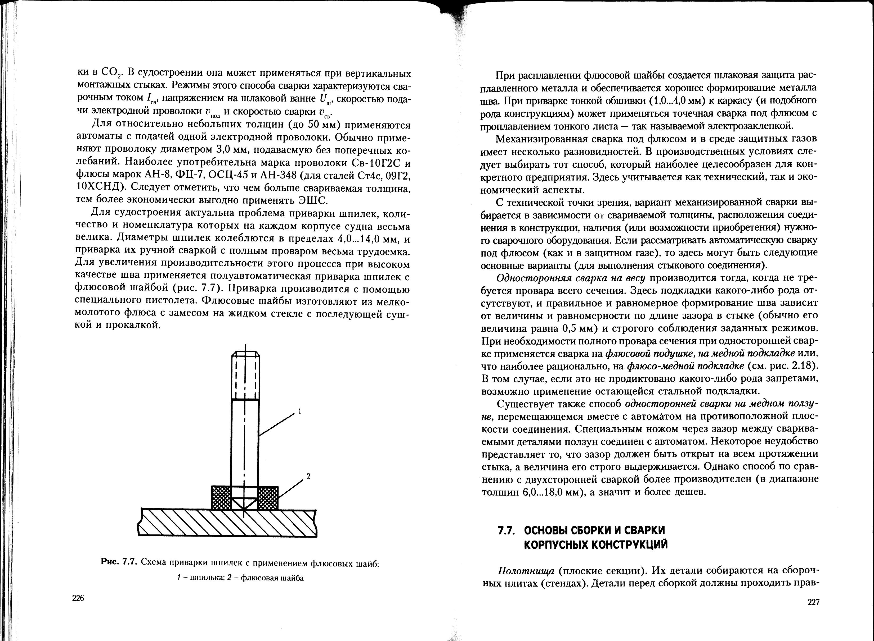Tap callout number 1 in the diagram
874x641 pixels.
(300, 411)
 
